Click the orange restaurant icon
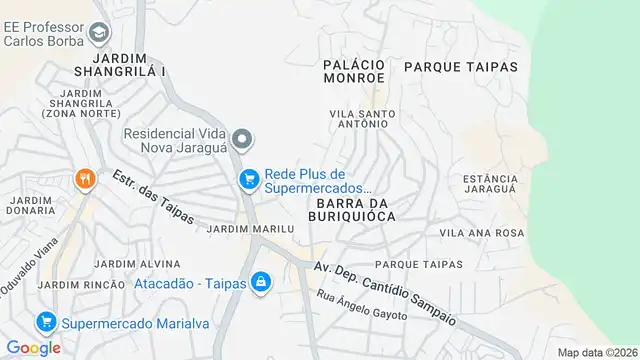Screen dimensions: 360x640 pos(85,179)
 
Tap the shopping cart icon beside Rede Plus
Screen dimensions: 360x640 pos(248,179)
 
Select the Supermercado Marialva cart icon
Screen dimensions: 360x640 pos(44,323)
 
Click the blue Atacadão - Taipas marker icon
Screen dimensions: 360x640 pos(260,283)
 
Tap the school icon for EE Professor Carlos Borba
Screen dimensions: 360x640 pos(99,35)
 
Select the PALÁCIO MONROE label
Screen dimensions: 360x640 pos(354,70)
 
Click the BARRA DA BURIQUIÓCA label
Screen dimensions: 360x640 pos(356,207)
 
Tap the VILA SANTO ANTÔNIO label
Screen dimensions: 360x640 pos(363,119)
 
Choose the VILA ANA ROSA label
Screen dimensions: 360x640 pos(482,232)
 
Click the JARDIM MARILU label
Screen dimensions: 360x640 pos(249,228)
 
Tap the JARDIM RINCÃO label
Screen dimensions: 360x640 pos(78,286)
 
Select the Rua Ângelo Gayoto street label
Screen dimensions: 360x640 pos(362,306)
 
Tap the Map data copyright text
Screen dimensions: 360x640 pos(596,352)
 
